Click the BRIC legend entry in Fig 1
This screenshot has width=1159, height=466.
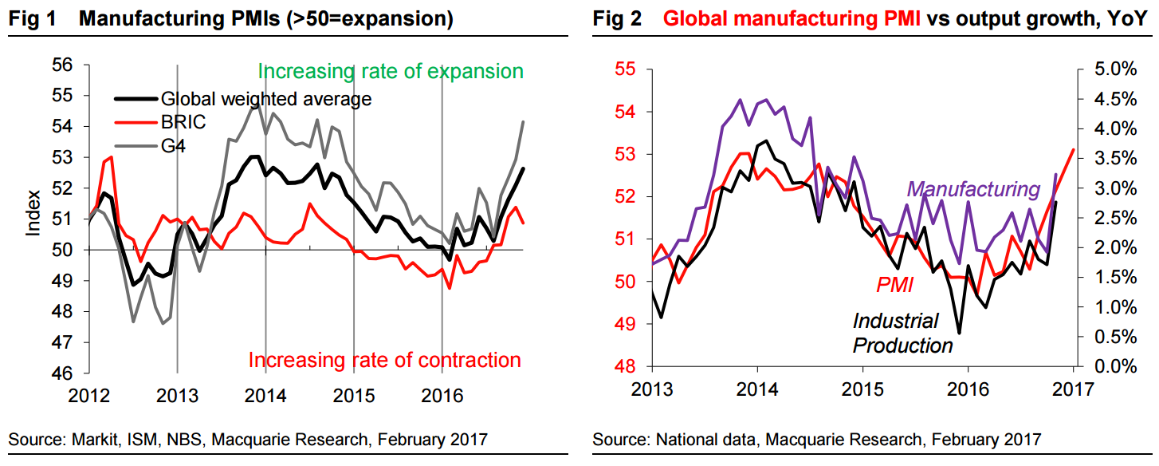click(183, 124)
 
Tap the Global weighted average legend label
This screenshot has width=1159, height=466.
click(266, 100)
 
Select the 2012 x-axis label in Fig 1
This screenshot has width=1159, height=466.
click(88, 393)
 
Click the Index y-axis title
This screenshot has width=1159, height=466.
click(34, 211)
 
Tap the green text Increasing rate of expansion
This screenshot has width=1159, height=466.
click(391, 71)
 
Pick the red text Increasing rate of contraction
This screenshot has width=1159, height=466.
click(384, 360)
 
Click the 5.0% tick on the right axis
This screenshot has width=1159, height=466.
click(1111, 69)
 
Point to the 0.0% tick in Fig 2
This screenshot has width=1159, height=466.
click(1111, 367)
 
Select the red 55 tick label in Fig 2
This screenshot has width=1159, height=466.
click(624, 69)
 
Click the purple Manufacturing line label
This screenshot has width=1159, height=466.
click(974, 189)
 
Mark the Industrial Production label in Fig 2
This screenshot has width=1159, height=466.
click(902, 334)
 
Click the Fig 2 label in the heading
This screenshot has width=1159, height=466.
click(618, 19)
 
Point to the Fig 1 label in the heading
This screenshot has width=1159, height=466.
click(33, 19)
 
